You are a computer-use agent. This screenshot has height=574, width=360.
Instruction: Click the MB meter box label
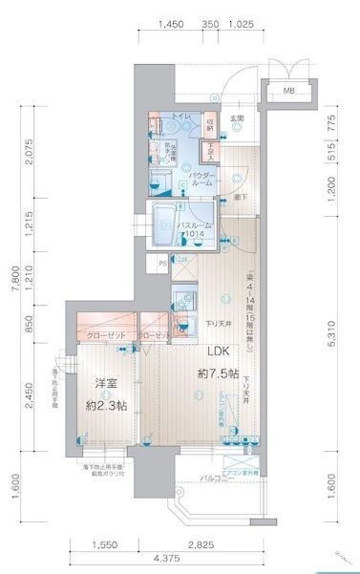click(x=286, y=92)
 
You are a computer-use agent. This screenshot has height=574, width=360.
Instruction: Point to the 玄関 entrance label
click(x=238, y=117)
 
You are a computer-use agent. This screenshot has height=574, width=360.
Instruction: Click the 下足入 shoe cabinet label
click(x=210, y=151)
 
